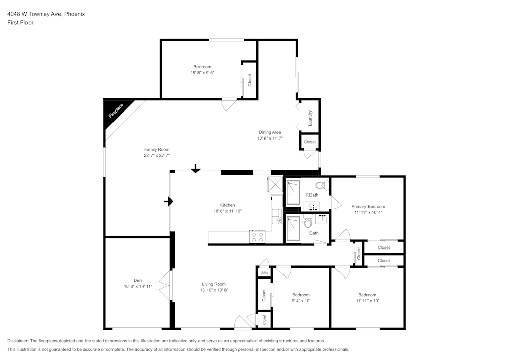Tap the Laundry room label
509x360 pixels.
310,118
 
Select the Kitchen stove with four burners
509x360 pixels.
257,237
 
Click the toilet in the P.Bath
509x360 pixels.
321,185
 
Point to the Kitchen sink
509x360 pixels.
276,216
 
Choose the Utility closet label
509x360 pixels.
264,273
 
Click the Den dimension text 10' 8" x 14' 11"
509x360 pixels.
138,287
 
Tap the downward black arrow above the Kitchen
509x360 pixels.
195,169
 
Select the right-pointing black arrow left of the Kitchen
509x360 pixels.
168,202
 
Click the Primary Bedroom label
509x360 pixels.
368,206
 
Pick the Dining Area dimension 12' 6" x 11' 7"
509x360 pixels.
270,138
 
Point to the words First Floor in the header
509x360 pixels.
20,23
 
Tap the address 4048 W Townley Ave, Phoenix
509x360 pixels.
46,14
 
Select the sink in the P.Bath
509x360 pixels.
312,206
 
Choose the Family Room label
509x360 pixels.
156,149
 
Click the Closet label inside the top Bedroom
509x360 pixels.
249,80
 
